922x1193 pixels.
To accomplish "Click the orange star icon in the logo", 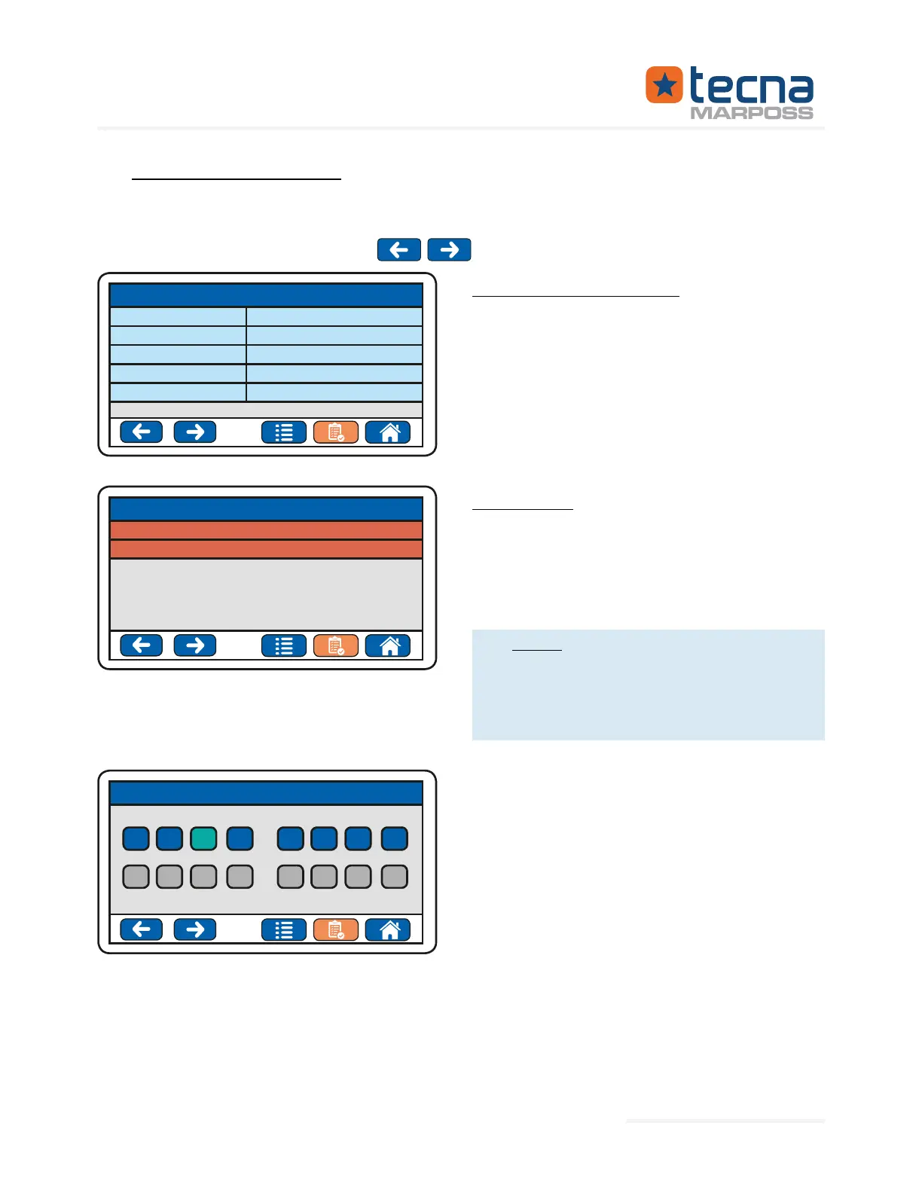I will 664,84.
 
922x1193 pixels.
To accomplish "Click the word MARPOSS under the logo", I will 752,113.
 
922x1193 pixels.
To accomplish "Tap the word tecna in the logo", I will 751,86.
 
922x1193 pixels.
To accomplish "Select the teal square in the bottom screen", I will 203,838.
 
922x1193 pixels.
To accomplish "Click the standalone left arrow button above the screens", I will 398,249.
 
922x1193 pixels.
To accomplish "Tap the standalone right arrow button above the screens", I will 449,249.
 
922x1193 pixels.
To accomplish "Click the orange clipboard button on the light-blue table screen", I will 335,432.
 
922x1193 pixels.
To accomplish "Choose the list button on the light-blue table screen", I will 284,432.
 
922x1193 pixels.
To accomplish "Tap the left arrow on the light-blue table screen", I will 142,432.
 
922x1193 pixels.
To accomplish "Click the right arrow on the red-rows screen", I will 194,645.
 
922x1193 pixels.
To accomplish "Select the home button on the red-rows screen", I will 388,645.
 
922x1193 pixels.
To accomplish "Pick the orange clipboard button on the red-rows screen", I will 335,645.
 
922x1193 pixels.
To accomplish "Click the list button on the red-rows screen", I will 284,645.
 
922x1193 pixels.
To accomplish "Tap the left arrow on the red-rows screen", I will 142,645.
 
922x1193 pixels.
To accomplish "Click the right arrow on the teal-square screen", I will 194,929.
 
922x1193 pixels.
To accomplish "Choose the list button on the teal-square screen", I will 284,929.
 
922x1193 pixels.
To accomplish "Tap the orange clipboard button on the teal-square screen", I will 335,929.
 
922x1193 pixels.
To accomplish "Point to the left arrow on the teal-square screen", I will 142,929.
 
